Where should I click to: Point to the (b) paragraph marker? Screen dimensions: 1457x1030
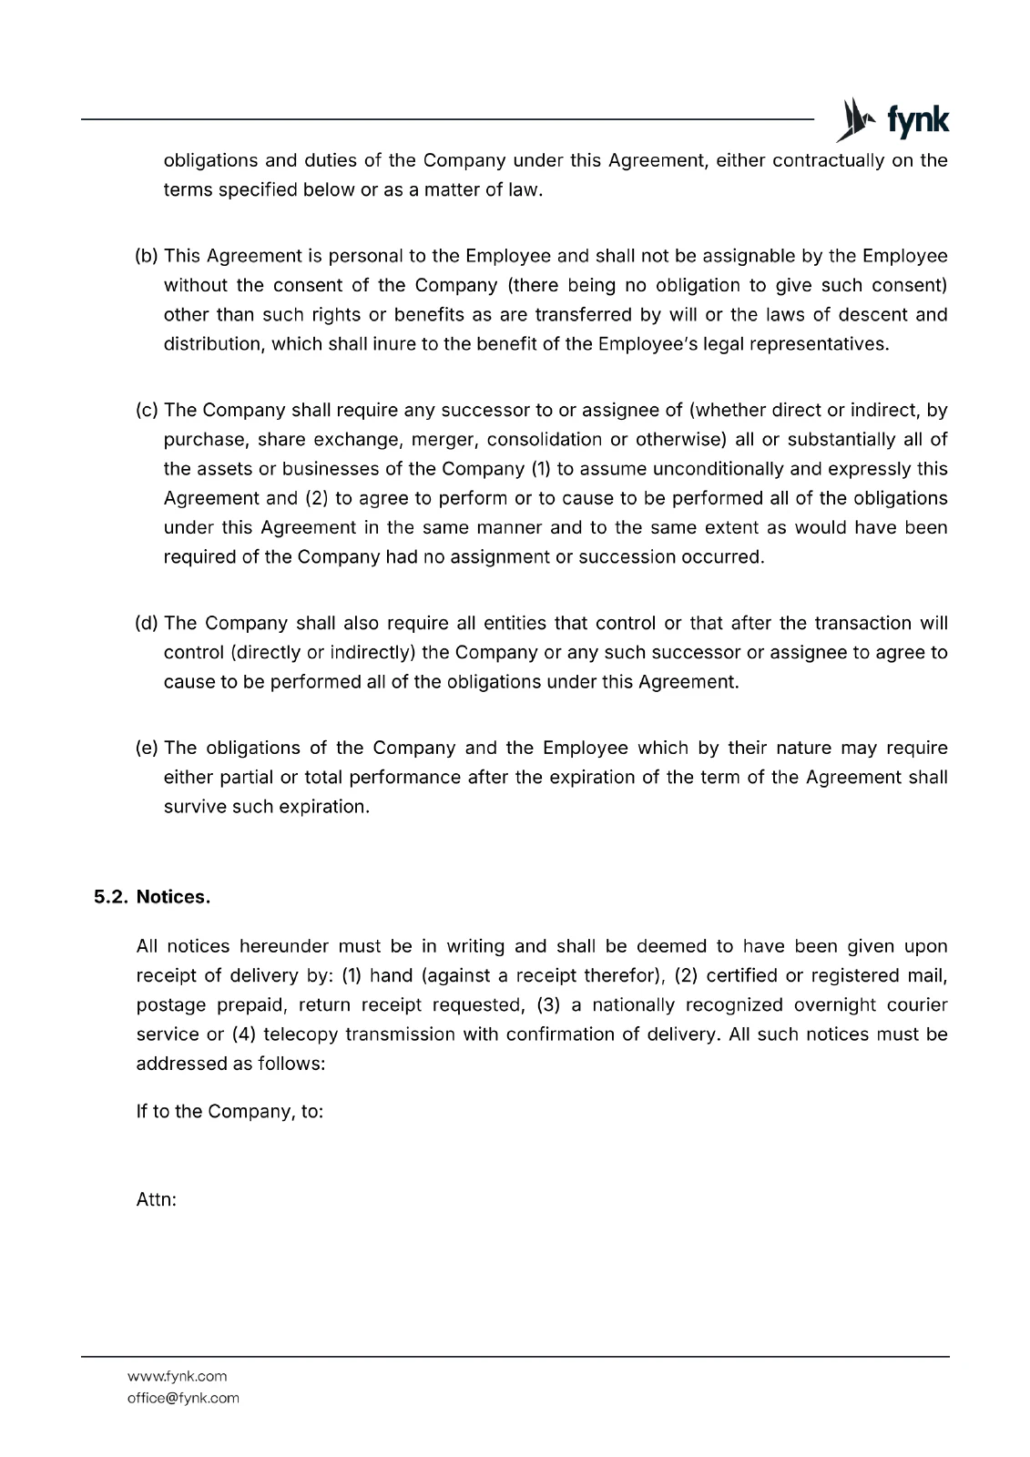[147, 256]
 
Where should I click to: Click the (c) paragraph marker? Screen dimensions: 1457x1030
[147, 411]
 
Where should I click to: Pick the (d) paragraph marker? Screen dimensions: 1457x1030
[147, 623]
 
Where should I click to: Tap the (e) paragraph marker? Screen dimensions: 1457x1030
[147, 748]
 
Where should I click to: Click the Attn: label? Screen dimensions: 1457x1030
[156, 1199]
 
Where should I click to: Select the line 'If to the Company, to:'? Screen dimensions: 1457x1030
[229, 1111]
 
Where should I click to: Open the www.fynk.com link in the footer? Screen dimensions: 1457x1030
[177, 1376]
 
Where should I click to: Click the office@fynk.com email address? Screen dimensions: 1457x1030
[183, 1398]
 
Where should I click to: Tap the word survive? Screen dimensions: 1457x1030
[194, 807]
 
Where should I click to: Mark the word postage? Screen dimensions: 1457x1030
[170, 1005]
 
